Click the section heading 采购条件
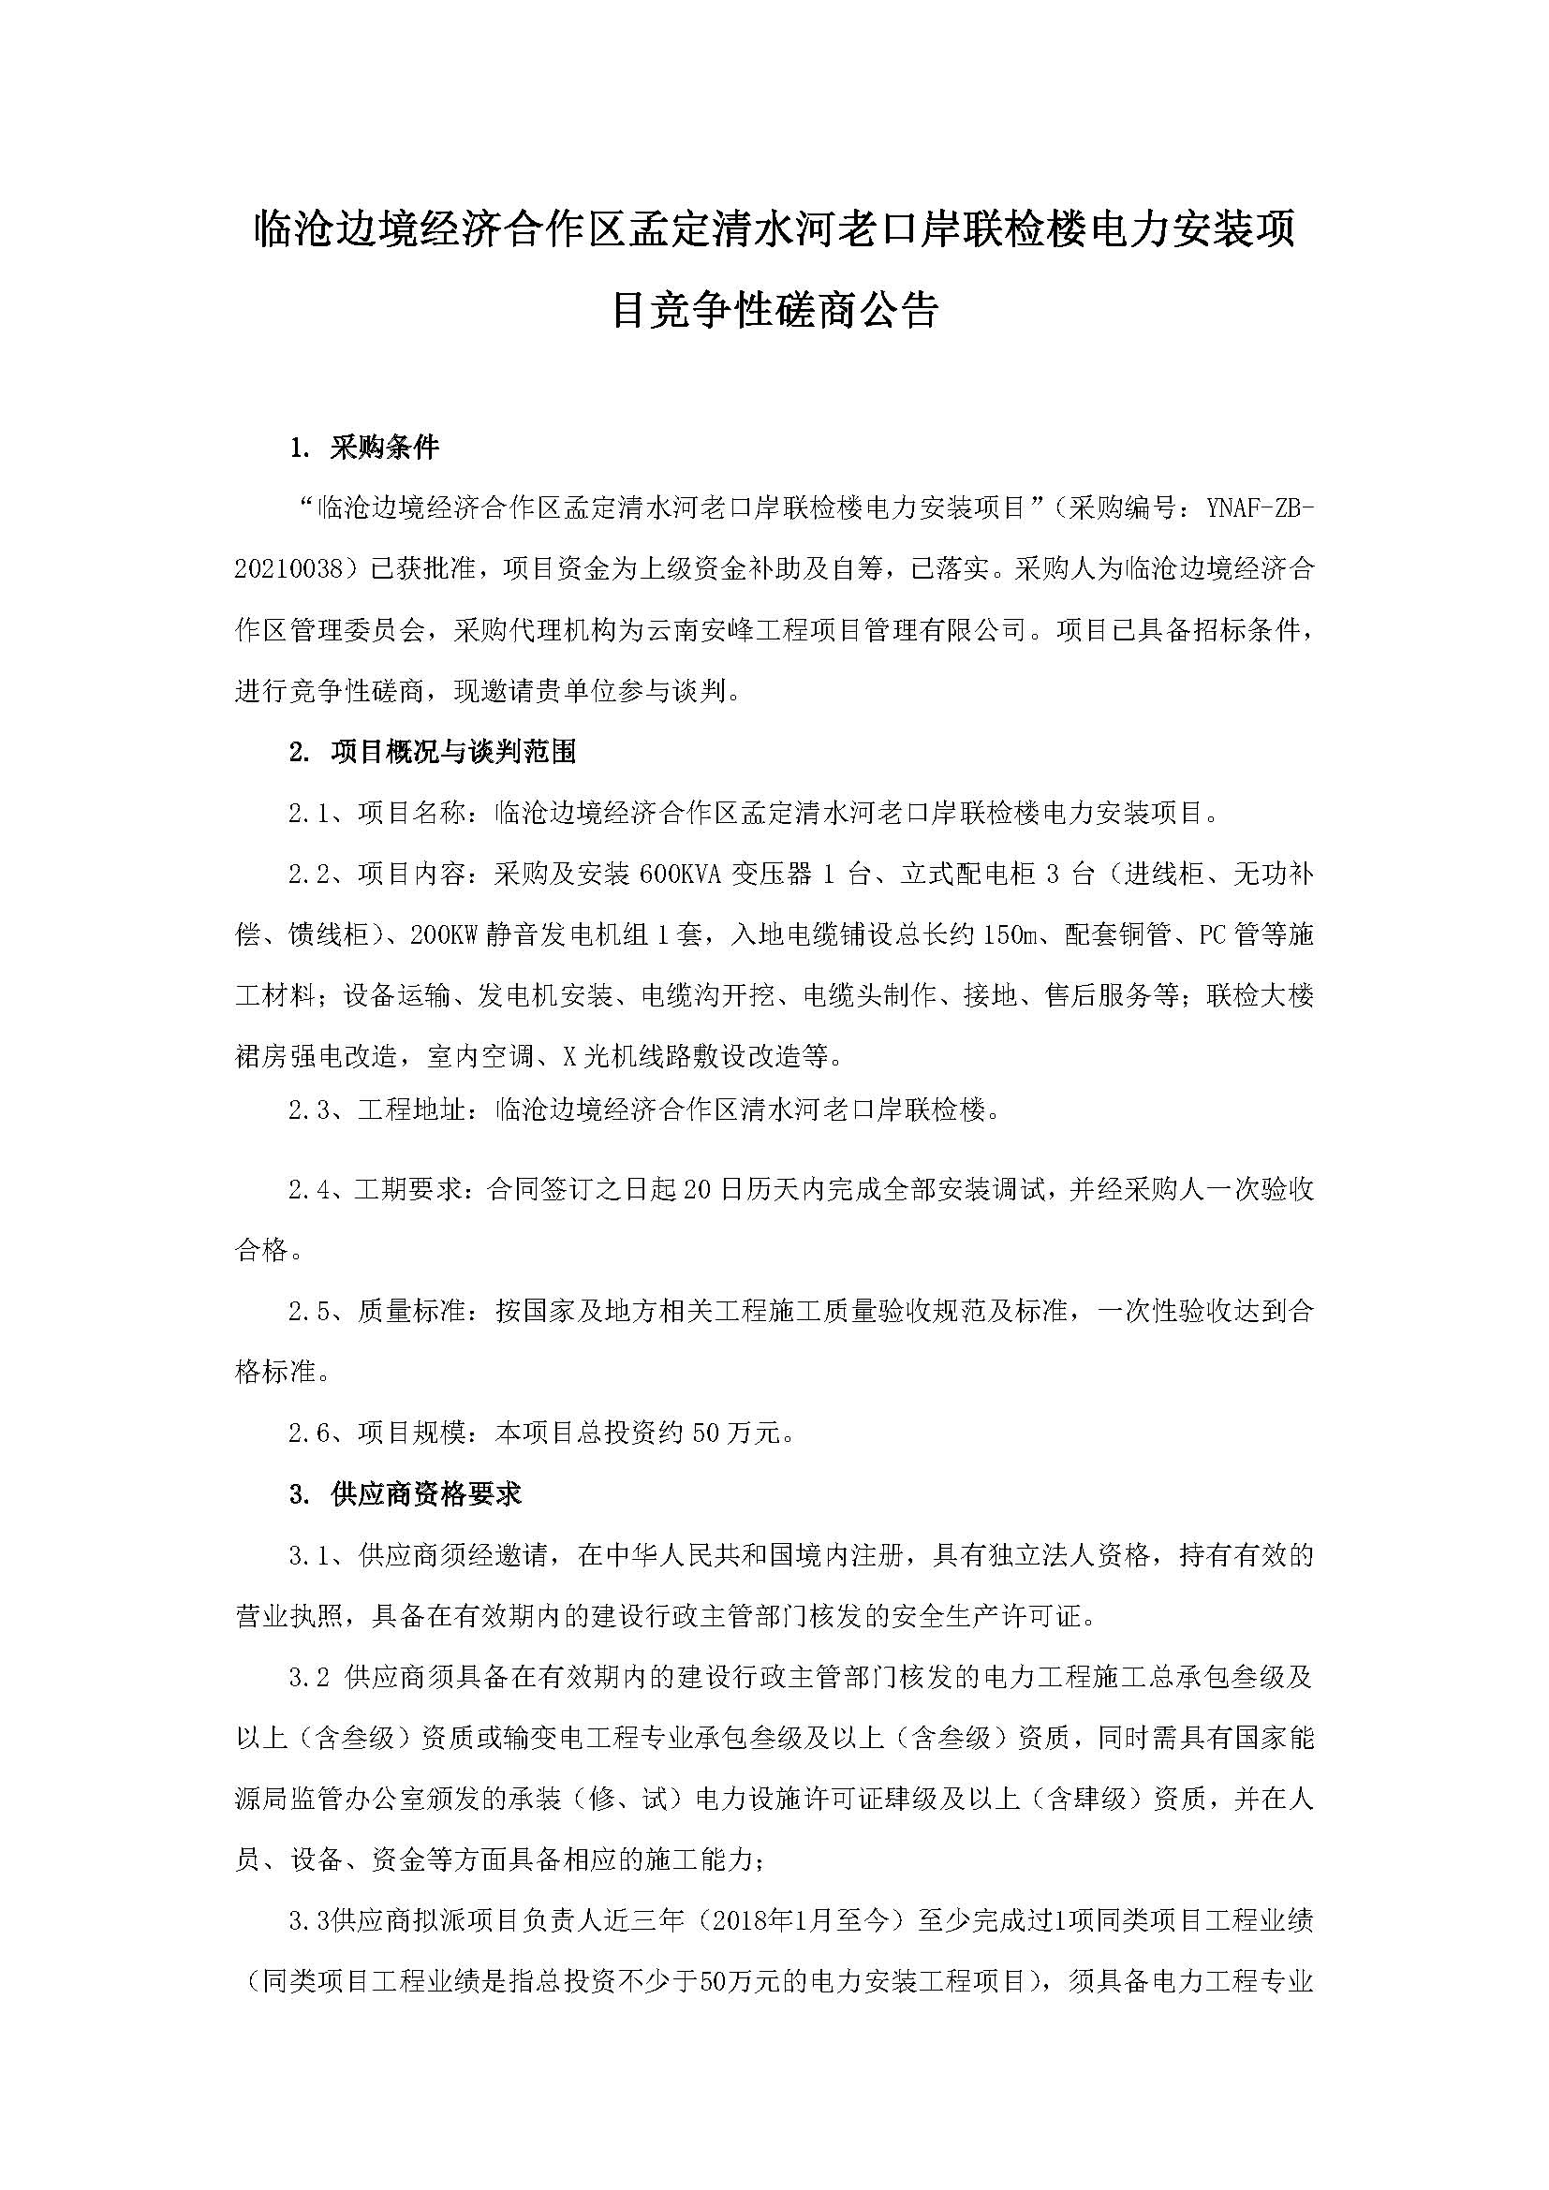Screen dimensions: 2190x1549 pyautogui.click(x=383, y=448)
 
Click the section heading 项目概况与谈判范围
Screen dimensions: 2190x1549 pyautogui.click(x=453, y=752)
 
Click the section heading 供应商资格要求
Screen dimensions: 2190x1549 pyautogui.click(x=425, y=1493)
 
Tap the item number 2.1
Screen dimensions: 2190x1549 pyautogui.click(x=309, y=813)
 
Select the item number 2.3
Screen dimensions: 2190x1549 pyautogui.click(x=309, y=1110)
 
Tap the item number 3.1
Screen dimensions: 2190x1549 pyautogui.click(x=309, y=1555)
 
